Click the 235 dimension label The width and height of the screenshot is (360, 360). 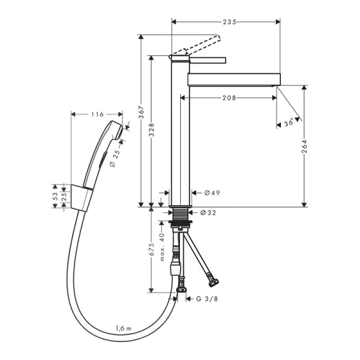(x=226, y=22)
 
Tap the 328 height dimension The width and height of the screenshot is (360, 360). (x=152, y=137)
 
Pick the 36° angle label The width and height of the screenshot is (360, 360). (x=289, y=122)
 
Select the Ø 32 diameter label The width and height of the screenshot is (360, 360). (x=208, y=212)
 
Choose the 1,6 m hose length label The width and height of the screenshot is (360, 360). (x=125, y=328)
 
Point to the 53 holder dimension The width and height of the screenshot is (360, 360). (x=55, y=196)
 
